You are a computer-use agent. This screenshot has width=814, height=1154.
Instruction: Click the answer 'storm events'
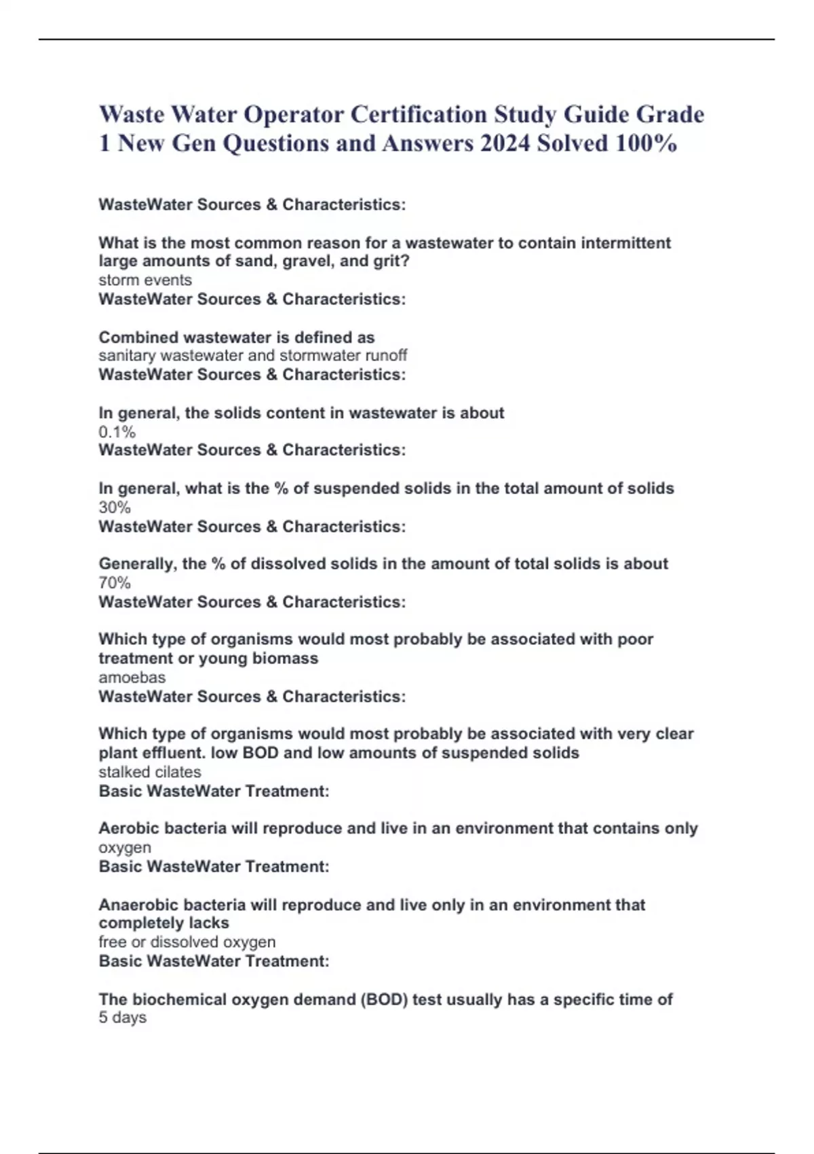click(x=145, y=280)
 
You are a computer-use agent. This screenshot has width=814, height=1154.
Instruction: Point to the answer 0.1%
click(x=117, y=432)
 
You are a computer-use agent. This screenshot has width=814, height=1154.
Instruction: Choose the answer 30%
click(x=115, y=507)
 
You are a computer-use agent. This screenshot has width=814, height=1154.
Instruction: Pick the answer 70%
click(x=115, y=582)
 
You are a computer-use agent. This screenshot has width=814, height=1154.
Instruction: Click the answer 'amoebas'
click(x=132, y=677)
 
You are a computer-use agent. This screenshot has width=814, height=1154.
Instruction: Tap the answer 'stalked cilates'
click(x=150, y=772)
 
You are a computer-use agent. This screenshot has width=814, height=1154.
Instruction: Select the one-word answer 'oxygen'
click(x=125, y=848)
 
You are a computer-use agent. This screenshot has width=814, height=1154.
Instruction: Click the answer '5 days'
click(x=122, y=1018)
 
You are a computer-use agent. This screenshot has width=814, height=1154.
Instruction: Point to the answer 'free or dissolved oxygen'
click(x=187, y=942)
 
